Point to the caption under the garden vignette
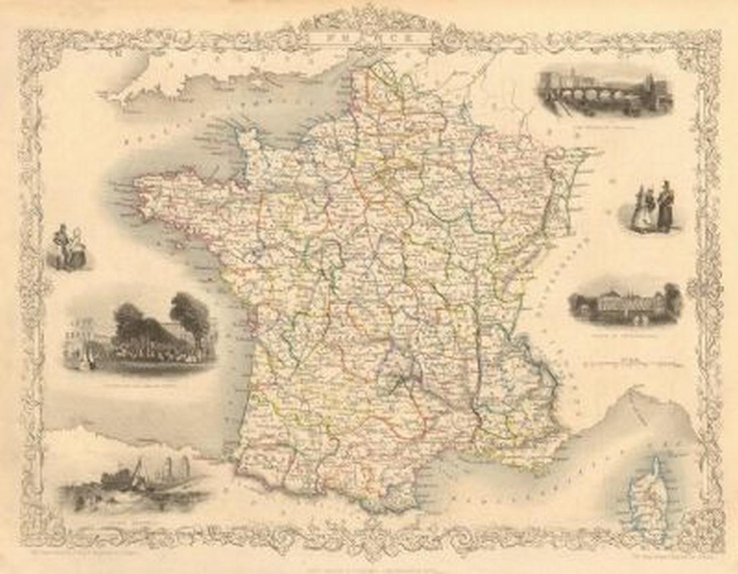click(x=138, y=387)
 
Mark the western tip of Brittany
click(x=138, y=185)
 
